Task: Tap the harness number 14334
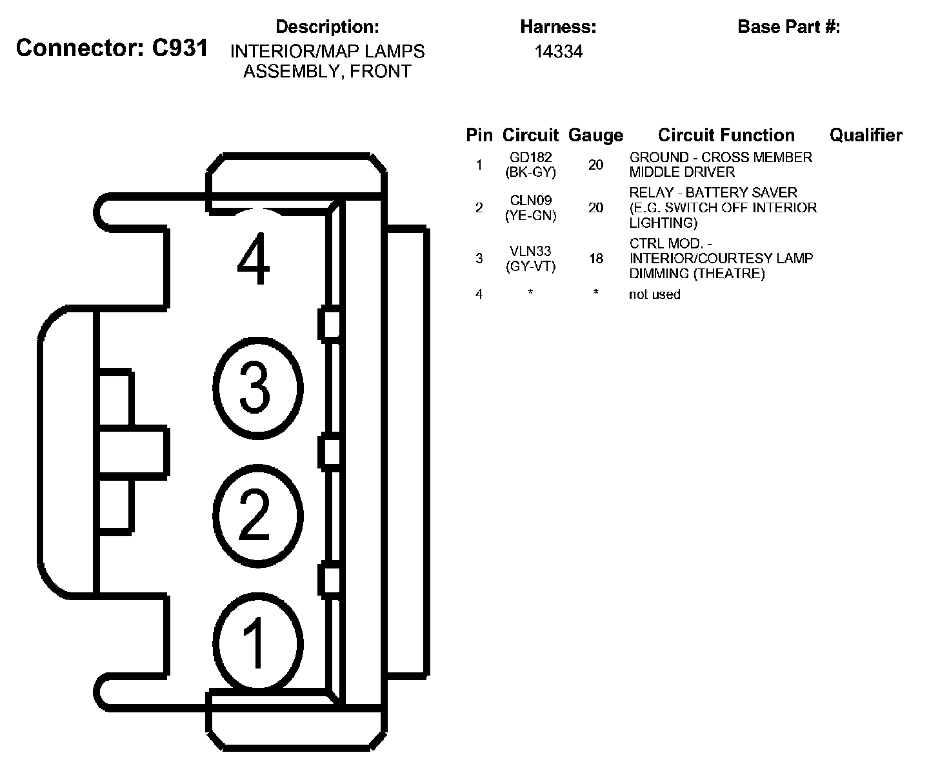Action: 558,52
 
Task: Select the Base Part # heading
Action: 788,27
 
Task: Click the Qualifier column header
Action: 865,135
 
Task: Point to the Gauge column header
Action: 595,136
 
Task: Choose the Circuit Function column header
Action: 726,135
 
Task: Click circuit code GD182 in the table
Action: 530,157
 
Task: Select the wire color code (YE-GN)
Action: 530,216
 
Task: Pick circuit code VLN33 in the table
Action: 530,251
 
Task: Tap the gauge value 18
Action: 595,258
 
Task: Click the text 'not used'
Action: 654,294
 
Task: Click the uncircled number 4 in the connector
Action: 254,261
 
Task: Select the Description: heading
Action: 326,27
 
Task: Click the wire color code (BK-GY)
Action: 530,172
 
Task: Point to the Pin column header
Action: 479,135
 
